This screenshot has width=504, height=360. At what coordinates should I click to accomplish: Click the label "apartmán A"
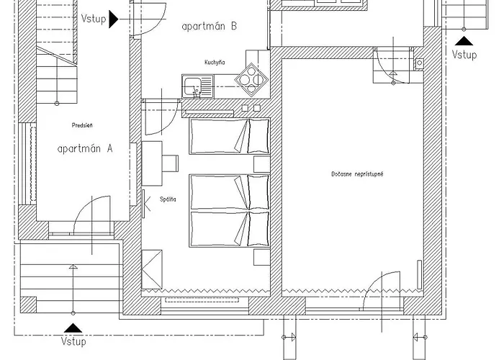coord(85,149)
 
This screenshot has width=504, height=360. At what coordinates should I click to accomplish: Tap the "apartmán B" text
coord(210,26)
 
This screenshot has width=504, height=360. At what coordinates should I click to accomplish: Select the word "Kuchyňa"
coord(215,63)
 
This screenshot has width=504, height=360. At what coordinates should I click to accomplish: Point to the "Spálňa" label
coord(168,199)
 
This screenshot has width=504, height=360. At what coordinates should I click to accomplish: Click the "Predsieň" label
coord(82,125)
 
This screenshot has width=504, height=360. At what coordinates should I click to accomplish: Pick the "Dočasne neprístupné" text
coord(357,174)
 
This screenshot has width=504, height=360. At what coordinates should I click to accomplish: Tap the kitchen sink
coord(197,86)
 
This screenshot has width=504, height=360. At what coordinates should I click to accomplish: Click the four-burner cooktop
coord(252,80)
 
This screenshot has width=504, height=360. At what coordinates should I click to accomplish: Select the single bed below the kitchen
coord(229,136)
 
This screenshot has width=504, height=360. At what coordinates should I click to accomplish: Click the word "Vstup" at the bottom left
coord(73,341)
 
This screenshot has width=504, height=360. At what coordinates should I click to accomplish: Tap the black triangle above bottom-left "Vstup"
coord(73,328)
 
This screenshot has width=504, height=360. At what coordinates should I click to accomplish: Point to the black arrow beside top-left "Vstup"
coord(114,19)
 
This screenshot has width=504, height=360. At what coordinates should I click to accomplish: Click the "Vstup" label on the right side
coord(464,55)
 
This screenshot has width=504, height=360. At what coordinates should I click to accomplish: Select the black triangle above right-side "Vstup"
coord(464,41)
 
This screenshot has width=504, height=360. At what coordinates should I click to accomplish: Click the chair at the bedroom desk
coord(170,163)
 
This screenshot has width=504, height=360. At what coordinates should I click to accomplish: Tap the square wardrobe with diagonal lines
coord(152,269)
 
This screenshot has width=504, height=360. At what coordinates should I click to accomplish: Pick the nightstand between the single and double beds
coord(261,164)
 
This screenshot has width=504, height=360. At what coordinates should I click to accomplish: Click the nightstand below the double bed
coord(261,257)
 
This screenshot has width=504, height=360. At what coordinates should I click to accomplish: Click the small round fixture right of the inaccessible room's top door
coord(419,63)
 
